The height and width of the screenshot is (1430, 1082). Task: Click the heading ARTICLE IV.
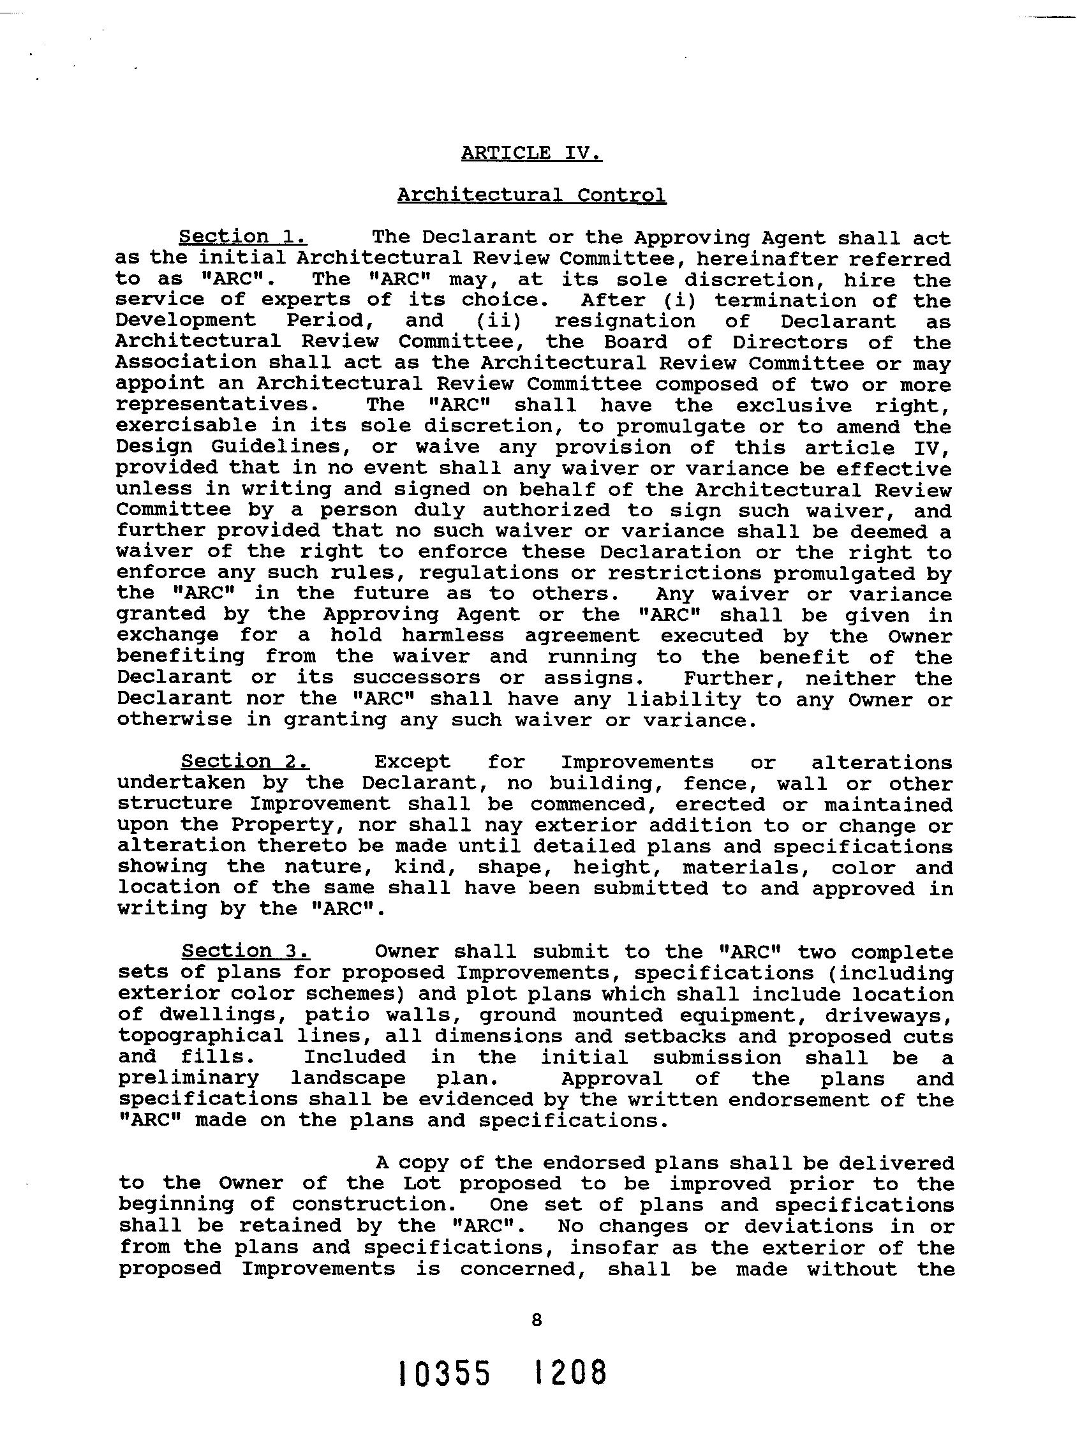(x=531, y=153)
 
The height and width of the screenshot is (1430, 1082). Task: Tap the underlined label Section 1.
(x=242, y=237)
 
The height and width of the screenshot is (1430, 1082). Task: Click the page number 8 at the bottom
(x=536, y=1320)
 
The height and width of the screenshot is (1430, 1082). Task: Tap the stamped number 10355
(x=444, y=1374)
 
